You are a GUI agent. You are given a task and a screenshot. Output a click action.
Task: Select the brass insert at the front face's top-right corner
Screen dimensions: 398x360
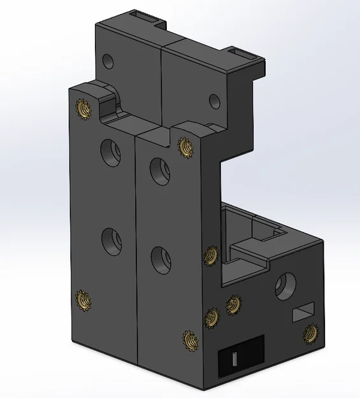[185, 147]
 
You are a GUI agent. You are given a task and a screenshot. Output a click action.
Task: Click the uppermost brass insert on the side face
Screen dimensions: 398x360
[209, 256]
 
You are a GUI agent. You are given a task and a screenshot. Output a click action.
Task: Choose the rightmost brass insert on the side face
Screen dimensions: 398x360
[310, 332]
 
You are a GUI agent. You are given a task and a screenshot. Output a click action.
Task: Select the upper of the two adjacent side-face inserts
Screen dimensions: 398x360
[234, 304]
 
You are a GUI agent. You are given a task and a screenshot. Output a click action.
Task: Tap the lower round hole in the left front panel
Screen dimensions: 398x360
[112, 240]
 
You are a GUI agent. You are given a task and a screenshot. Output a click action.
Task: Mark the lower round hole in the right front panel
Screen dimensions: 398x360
[160, 259]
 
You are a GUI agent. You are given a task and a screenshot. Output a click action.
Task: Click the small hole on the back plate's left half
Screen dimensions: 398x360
[108, 62]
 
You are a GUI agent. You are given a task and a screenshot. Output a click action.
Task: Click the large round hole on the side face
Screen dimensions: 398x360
[286, 287]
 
